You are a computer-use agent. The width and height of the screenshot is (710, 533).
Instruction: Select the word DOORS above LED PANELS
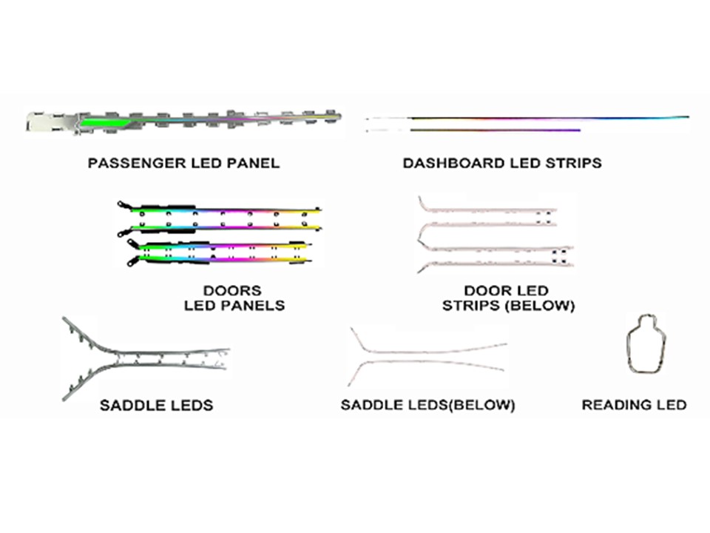click(232, 290)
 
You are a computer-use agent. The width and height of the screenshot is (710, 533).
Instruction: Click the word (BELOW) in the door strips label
click(541, 306)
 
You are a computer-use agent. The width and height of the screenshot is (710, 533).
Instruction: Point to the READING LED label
click(634, 405)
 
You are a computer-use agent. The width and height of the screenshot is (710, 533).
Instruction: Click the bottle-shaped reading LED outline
click(628, 349)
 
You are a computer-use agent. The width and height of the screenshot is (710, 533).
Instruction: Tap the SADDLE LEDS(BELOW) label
click(427, 405)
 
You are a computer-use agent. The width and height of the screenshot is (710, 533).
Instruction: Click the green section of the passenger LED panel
click(104, 121)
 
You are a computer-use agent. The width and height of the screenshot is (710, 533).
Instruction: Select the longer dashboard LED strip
click(527, 118)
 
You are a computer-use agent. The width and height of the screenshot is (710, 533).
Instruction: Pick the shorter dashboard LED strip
click(473, 130)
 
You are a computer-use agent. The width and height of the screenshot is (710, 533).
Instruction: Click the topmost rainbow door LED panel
click(220, 209)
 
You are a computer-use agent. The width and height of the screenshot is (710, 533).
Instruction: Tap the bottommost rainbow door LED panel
click(220, 260)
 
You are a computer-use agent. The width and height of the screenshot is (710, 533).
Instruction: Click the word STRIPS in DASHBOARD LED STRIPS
click(573, 163)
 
